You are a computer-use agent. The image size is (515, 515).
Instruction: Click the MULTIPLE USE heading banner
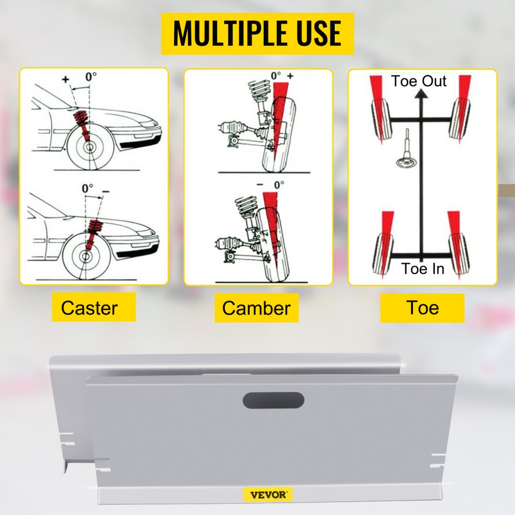(257, 33)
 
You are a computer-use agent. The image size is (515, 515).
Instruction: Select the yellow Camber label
(256, 308)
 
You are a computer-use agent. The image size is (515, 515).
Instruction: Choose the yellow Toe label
(422, 307)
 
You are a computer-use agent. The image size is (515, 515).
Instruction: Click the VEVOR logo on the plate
(268, 494)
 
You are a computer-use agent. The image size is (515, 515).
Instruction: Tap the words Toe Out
(418, 81)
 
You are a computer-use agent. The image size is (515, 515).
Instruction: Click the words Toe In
(423, 268)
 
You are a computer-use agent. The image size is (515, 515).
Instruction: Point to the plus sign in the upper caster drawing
(65, 79)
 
